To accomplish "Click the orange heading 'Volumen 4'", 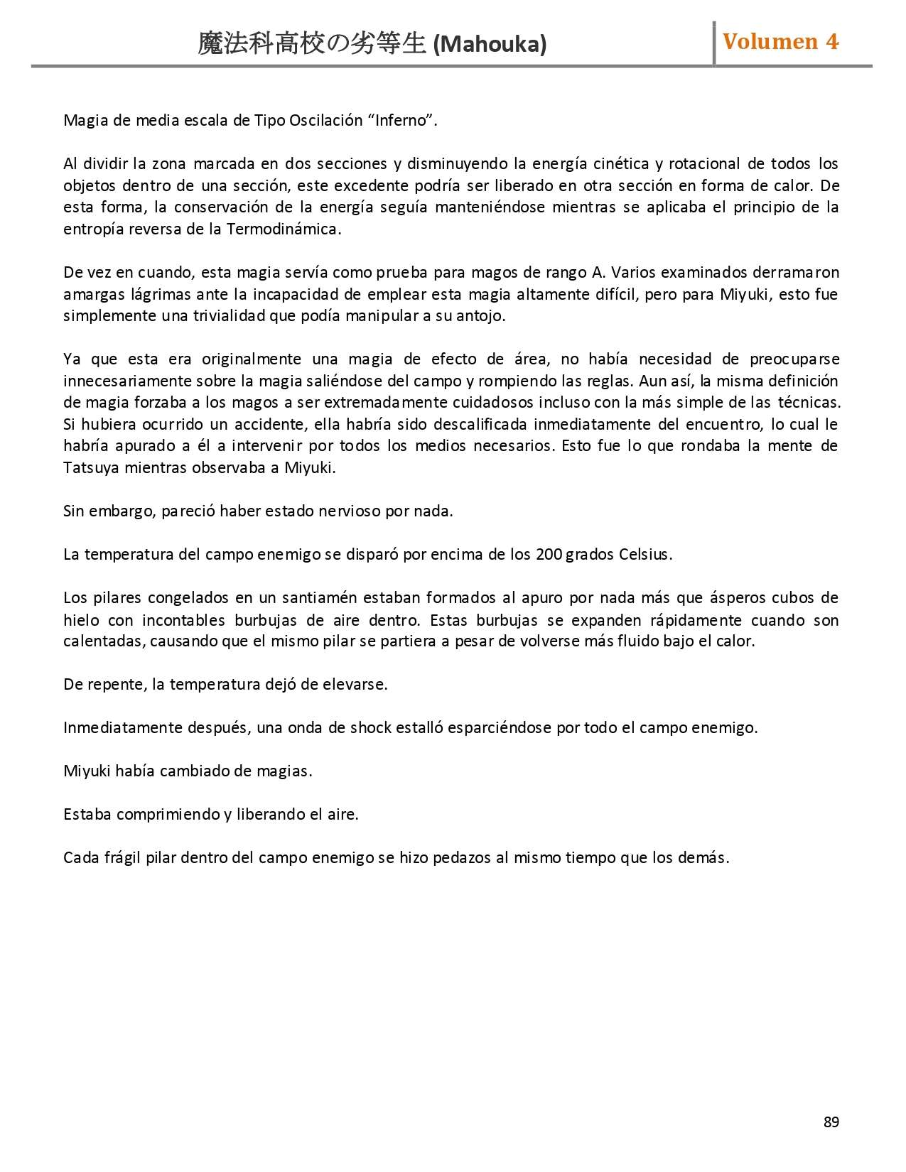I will [x=780, y=41].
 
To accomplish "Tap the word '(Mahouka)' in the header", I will [x=490, y=45].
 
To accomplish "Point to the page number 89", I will [x=831, y=1122].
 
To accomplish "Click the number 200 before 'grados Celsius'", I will [x=549, y=554].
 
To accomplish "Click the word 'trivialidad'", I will [x=228, y=315].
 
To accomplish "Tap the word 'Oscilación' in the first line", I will [x=326, y=120].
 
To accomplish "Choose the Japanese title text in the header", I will [x=313, y=45].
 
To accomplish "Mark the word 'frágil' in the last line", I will [x=122, y=857].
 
